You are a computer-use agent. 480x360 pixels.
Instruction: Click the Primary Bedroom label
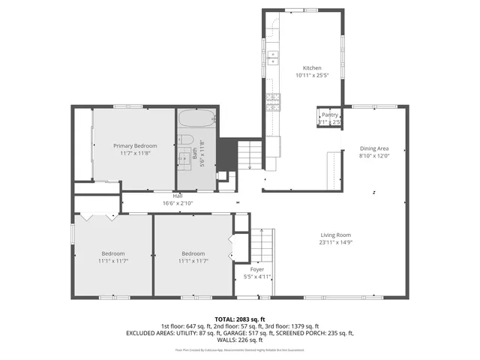(135, 145)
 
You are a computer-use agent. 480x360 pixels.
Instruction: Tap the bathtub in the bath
(197, 120)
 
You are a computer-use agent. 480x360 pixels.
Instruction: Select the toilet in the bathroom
(187, 141)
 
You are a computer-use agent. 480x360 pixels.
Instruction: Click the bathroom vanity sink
(183, 157)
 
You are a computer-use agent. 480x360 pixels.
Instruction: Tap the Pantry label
(330, 115)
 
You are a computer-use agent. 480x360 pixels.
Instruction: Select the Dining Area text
(375, 148)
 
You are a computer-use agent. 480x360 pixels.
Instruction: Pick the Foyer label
(257, 268)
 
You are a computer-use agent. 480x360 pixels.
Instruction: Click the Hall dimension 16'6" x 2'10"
(178, 202)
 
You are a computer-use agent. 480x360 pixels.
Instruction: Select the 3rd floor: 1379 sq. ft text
(296, 325)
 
